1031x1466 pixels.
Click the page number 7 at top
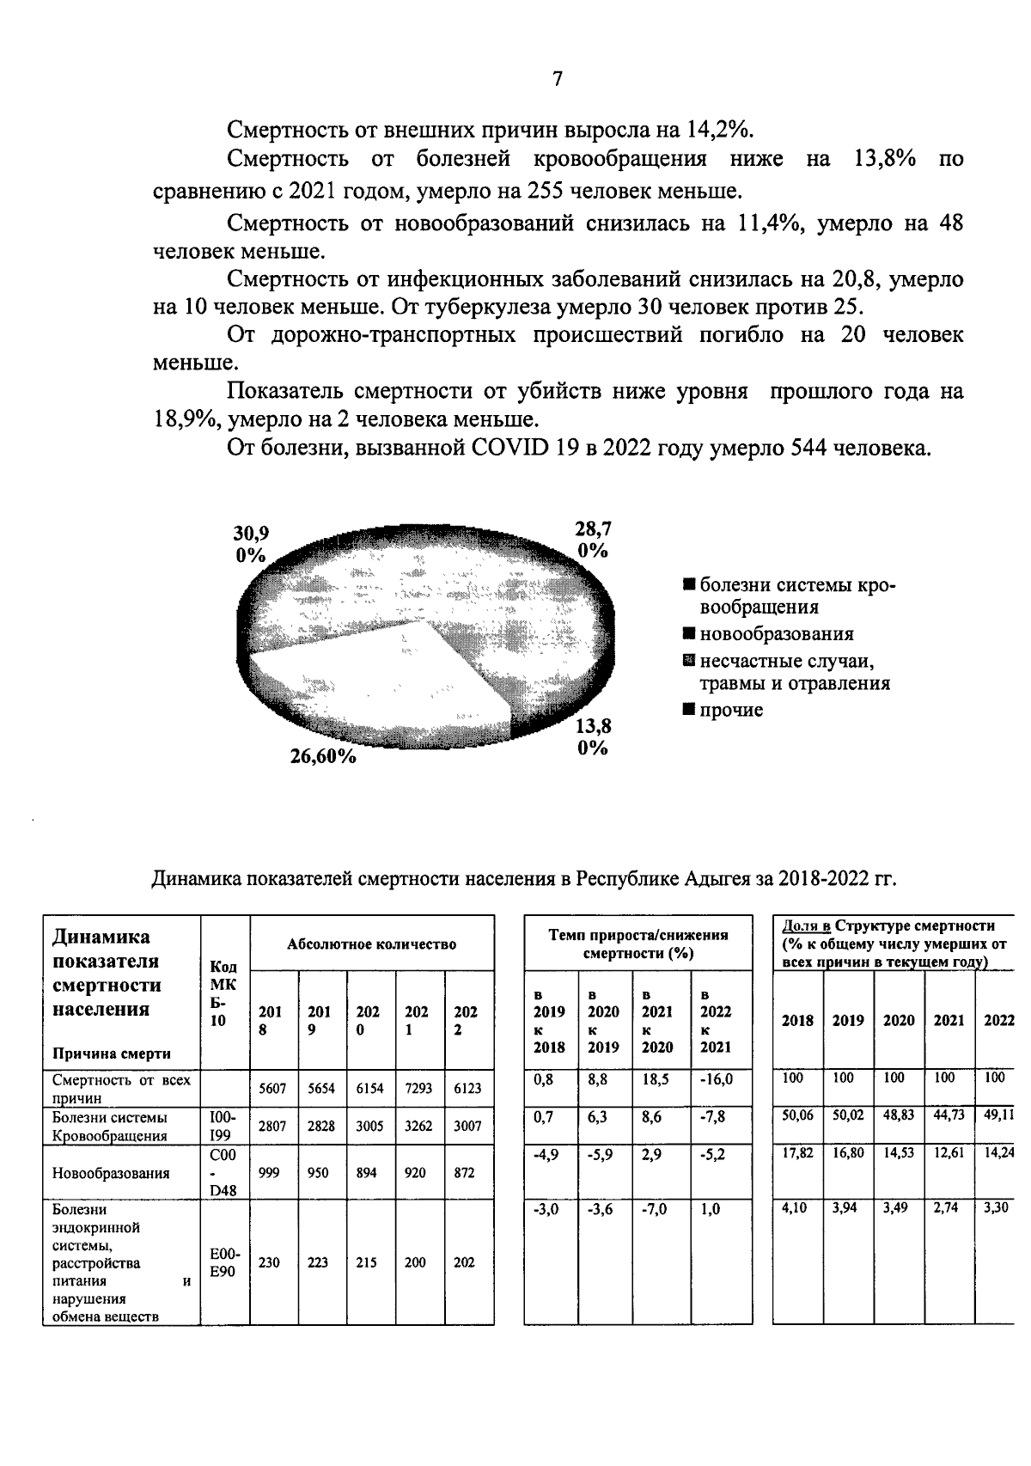tap(557, 79)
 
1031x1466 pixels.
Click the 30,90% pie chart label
tap(251, 543)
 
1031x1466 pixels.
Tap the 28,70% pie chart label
tap(593, 539)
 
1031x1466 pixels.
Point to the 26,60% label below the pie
tap(323, 757)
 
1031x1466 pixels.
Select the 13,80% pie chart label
tap(593, 736)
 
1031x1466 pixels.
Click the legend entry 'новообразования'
tap(776, 634)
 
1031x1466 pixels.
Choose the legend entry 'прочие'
tap(730, 710)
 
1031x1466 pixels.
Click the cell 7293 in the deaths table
tap(419, 1088)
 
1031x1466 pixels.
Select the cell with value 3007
tap(468, 1126)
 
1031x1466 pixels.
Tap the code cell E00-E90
tap(223, 1263)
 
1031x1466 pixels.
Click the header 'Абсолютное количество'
tap(371, 944)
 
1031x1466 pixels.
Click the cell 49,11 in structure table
tap(998, 1115)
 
